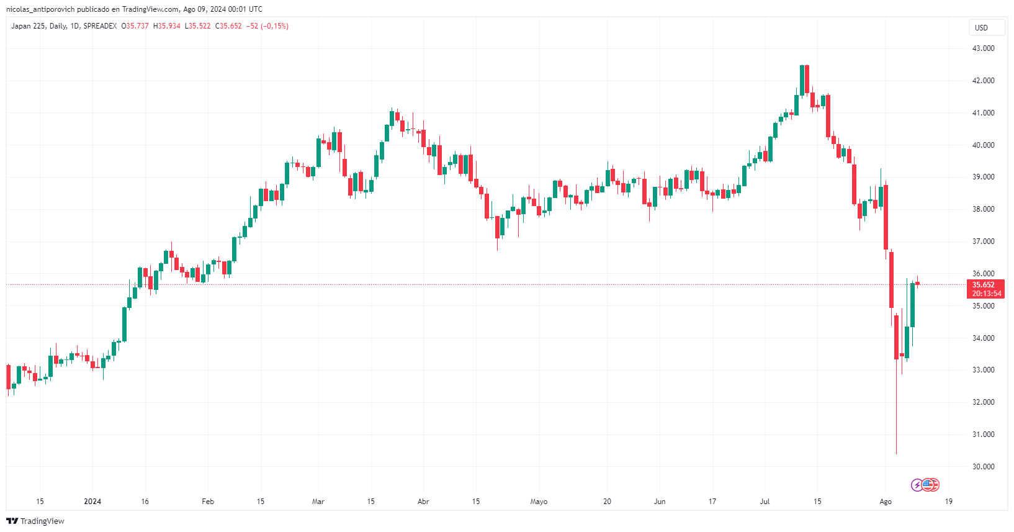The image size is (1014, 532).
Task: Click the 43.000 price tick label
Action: pos(983,48)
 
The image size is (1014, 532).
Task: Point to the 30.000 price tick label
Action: pos(983,467)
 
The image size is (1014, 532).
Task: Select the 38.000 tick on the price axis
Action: pos(983,209)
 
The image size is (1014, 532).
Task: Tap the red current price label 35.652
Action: pos(985,285)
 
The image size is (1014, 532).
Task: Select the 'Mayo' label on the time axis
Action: pos(539,502)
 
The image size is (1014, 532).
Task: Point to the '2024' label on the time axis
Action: pos(92,502)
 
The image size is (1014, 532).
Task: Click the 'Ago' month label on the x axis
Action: pos(886,502)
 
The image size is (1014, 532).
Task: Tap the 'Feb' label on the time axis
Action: pos(208,502)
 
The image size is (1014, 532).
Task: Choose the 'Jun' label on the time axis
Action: pos(660,502)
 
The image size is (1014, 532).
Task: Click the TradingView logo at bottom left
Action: pos(35,521)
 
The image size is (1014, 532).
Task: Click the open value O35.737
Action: pos(135,26)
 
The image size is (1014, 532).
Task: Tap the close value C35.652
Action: pos(228,26)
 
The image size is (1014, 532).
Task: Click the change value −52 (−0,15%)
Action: pos(267,26)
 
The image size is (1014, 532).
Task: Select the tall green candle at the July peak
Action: pos(802,80)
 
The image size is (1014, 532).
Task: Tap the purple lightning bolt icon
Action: pos(917,485)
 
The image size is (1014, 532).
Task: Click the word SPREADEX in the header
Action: pos(100,26)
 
